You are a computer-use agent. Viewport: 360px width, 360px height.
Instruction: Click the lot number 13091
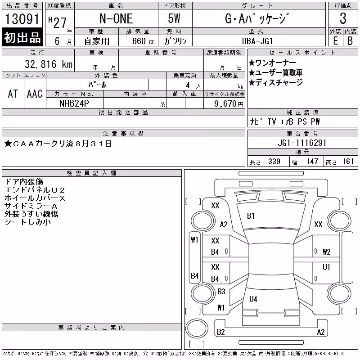(x=22, y=19)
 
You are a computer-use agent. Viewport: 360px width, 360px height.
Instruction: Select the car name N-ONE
(x=116, y=18)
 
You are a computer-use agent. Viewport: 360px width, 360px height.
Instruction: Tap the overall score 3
(x=343, y=18)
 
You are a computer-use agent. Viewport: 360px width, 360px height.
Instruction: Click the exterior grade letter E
(x=335, y=41)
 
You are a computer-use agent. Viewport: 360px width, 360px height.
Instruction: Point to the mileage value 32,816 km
(x=49, y=64)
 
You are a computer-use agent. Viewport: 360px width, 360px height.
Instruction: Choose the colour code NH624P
(x=74, y=103)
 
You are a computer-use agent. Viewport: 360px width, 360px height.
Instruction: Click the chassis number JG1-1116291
(x=302, y=143)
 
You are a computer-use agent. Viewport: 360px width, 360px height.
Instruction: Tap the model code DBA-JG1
(x=257, y=41)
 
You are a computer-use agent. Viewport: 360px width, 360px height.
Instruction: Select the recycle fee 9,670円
(x=229, y=104)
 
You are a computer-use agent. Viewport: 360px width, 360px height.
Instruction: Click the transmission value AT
(x=13, y=94)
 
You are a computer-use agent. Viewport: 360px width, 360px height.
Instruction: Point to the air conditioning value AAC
(x=35, y=94)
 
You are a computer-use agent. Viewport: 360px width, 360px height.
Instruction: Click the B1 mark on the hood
(x=251, y=216)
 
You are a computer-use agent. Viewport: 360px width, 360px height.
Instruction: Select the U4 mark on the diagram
(x=253, y=299)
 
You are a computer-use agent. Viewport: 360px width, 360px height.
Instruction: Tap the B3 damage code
(x=221, y=292)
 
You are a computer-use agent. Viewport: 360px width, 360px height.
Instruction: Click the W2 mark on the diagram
(x=327, y=252)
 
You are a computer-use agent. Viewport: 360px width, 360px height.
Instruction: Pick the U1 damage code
(x=326, y=267)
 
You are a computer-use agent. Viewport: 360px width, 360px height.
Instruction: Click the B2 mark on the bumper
(x=220, y=332)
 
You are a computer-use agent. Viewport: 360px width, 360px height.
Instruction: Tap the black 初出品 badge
(x=22, y=37)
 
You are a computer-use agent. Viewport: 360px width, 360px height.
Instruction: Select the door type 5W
(x=174, y=18)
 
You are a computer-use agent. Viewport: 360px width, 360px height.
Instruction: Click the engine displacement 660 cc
(x=143, y=41)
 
